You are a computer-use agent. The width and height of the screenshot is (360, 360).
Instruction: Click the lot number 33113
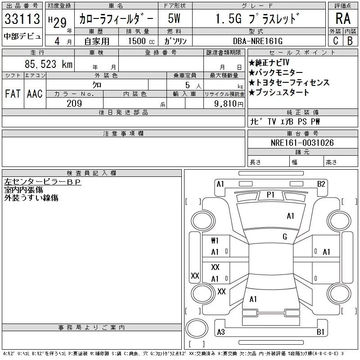pos(22,19)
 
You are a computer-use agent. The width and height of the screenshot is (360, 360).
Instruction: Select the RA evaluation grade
pos(343,19)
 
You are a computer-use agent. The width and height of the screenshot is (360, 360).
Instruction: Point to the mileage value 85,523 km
pos(49,64)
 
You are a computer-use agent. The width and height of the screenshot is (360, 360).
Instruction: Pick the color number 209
pos(74,103)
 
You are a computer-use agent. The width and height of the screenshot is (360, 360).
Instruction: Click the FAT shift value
pos(13,94)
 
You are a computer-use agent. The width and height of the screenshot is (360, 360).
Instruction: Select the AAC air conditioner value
pos(35,94)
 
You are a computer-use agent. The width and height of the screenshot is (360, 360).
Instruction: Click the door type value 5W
pos(174,19)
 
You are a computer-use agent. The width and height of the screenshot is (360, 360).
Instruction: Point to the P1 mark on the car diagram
pos(270,194)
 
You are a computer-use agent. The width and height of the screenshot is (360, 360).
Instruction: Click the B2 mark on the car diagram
pos(321,184)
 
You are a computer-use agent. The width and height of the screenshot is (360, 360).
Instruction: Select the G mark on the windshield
pos(285,236)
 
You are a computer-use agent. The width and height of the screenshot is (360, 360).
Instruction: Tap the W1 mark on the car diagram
pos(215,240)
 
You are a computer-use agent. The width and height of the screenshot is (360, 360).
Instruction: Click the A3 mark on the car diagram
pos(220,332)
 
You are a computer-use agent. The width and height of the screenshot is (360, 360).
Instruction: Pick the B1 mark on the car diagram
pos(320,332)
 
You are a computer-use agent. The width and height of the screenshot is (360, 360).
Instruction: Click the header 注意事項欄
pos(123,134)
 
